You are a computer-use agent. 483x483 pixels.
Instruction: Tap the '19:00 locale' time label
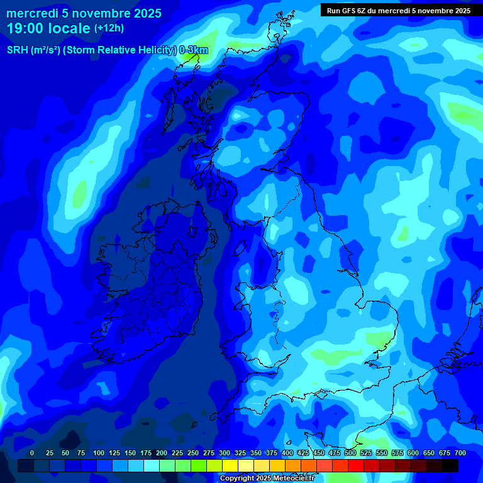click(49, 28)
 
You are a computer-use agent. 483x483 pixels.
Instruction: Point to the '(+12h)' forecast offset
click(109, 28)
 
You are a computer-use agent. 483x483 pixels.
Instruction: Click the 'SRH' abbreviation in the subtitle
click(19, 50)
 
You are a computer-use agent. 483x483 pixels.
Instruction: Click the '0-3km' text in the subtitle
click(193, 50)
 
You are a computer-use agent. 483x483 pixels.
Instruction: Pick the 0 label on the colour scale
click(32, 453)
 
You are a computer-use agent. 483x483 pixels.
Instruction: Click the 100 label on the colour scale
click(99, 453)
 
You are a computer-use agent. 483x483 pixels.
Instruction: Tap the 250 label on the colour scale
click(193, 453)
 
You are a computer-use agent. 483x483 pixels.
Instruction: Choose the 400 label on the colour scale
click(287, 453)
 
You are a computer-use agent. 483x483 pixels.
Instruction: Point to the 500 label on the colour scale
click(350, 453)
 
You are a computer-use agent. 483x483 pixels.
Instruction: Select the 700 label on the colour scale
click(460, 453)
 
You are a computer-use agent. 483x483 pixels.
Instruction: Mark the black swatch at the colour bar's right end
click(450, 465)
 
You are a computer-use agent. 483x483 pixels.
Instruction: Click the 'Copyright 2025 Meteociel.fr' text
click(267, 478)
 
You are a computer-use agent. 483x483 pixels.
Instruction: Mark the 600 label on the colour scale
click(413, 453)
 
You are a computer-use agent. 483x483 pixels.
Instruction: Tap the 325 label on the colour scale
click(240, 453)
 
